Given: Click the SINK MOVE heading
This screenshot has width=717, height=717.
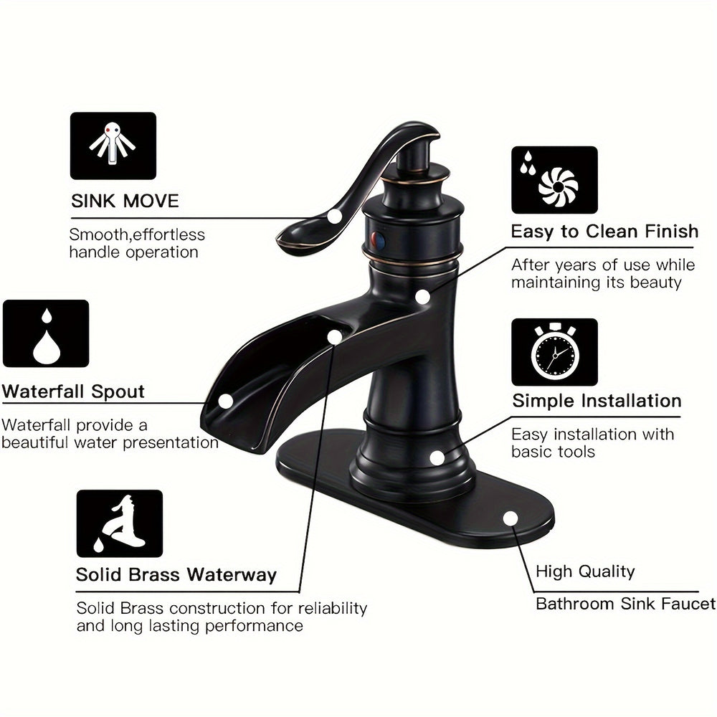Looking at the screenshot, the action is pyautogui.click(x=125, y=201).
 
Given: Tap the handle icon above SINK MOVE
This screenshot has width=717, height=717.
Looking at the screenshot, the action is pyautogui.click(x=113, y=146).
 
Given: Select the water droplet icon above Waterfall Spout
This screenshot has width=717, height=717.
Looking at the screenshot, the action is pyautogui.click(x=46, y=334).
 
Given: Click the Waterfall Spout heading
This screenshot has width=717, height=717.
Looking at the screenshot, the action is pyautogui.click(x=73, y=391).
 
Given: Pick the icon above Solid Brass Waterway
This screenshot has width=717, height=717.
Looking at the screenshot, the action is pyautogui.click(x=119, y=523).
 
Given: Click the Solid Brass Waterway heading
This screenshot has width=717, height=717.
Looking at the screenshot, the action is pyautogui.click(x=176, y=575).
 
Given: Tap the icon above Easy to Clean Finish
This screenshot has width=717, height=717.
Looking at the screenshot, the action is pyautogui.click(x=554, y=180).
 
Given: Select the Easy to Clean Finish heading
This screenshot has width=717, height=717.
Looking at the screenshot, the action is pyautogui.click(x=604, y=232).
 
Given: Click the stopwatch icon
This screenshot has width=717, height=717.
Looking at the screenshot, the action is pyautogui.click(x=554, y=352).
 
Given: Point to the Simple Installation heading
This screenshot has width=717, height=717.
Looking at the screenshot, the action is pyautogui.click(x=597, y=401).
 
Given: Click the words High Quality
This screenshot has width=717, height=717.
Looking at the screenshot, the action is pyautogui.click(x=585, y=571).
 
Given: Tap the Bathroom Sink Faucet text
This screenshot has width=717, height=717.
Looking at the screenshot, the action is pyautogui.click(x=625, y=604).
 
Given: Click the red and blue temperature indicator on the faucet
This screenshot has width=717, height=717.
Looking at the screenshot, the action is pyautogui.click(x=378, y=239).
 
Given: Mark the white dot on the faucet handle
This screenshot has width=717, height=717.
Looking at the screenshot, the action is pyautogui.click(x=335, y=217).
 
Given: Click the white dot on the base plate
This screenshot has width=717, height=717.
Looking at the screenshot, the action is pyautogui.click(x=511, y=518).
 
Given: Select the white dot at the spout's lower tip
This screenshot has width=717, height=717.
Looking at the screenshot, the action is pyautogui.click(x=225, y=402).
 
